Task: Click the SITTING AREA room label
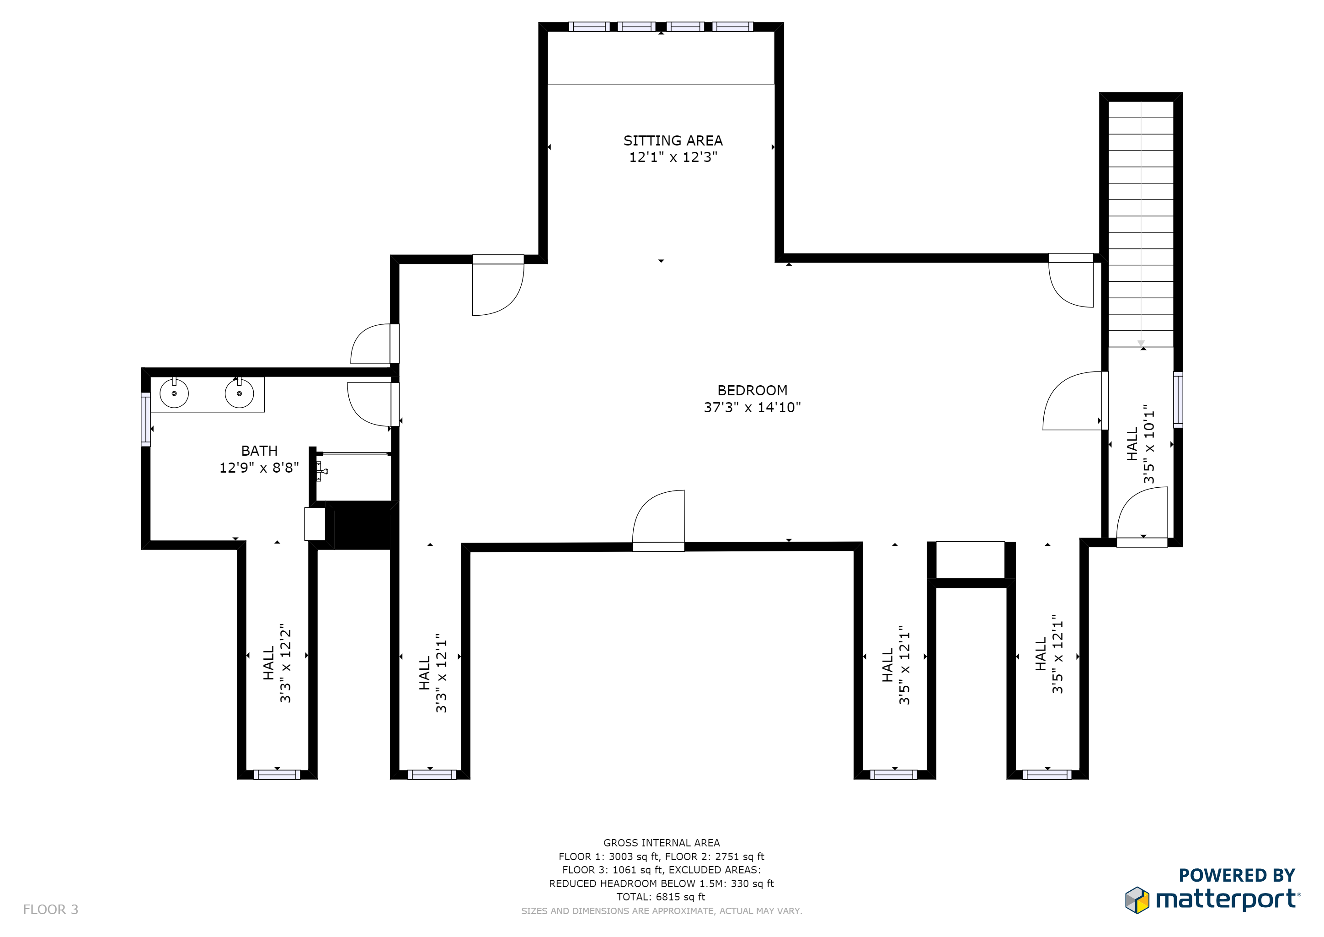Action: (673, 141)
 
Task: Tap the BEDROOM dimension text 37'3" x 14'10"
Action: (753, 407)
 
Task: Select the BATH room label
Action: (260, 451)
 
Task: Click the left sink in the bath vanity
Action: (174, 393)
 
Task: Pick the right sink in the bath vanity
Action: (239, 393)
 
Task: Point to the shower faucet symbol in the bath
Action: (322, 471)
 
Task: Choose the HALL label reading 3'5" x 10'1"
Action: (1141, 444)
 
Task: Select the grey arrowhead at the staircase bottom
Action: (1141, 343)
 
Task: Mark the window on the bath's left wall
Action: (146, 420)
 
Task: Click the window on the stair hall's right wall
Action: (1178, 400)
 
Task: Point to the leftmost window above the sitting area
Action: (589, 27)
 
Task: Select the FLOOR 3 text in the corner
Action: (51, 910)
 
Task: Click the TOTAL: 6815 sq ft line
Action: (661, 897)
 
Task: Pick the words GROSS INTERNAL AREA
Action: (662, 843)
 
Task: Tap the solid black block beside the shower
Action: (362, 525)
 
